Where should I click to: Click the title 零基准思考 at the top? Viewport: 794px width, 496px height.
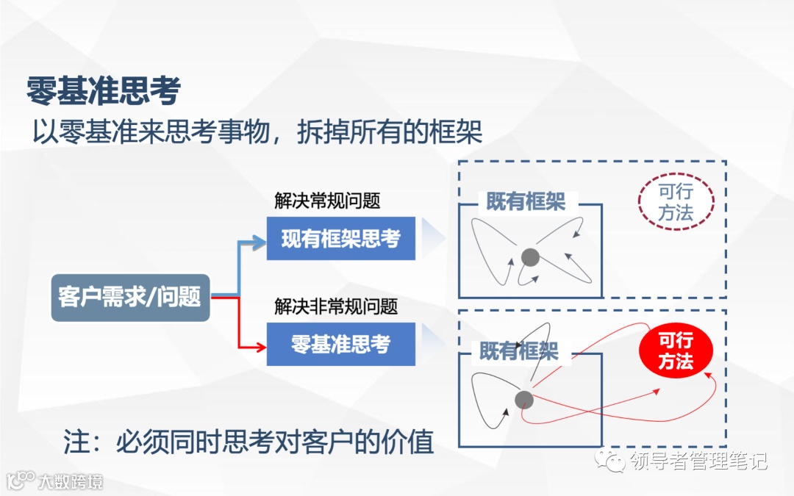tap(104, 92)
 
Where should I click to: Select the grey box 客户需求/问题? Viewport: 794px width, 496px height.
tap(130, 298)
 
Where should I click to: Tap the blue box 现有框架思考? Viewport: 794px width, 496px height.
tap(340, 239)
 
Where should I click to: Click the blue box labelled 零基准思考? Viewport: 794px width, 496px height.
tap(340, 344)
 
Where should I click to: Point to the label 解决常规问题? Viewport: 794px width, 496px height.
tap(327, 201)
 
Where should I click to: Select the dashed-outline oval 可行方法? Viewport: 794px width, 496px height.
tap(676, 203)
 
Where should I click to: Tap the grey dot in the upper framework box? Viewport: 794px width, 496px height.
tap(530, 257)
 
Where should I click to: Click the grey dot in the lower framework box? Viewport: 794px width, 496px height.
tap(523, 400)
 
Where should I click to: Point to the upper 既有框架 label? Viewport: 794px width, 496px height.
tap(526, 202)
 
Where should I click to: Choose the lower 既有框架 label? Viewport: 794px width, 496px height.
tap(519, 351)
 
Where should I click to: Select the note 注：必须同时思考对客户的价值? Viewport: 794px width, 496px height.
tap(248, 442)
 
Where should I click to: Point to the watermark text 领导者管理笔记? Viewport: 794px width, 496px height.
tap(698, 461)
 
